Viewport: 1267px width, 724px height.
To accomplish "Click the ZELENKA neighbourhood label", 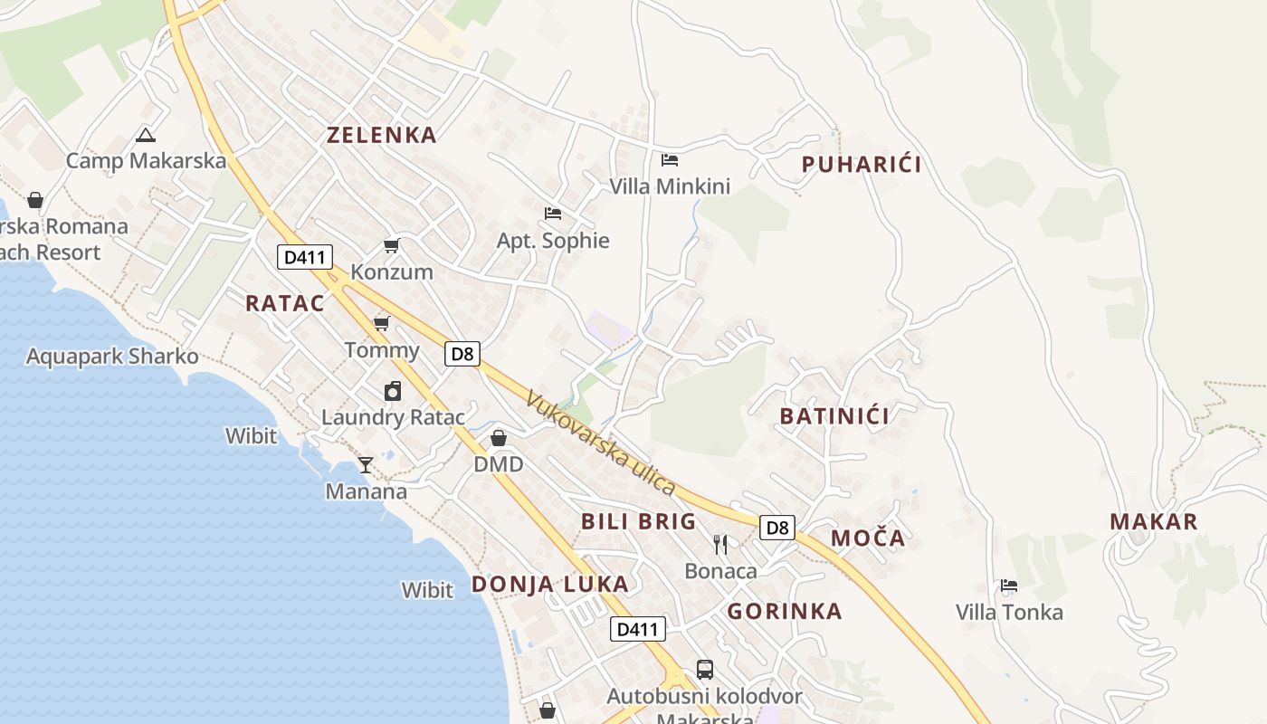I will point(381,136).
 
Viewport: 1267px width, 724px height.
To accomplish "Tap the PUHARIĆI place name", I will point(862,165).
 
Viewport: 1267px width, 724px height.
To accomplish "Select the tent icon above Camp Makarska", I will point(145,136).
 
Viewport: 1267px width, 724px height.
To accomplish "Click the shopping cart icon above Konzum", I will point(392,245).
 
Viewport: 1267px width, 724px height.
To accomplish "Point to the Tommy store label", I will point(382,351).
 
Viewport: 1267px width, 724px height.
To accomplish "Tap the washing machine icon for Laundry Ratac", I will point(393,391).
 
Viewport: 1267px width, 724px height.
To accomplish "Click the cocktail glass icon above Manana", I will point(365,465).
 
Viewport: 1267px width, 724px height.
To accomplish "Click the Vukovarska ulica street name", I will point(601,443).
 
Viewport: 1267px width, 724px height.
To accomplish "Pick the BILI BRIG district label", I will point(639,521).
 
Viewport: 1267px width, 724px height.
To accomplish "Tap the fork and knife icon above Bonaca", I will point(720,544).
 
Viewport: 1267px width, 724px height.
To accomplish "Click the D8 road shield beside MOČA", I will point(776,528).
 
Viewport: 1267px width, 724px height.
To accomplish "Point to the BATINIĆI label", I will point(834,416).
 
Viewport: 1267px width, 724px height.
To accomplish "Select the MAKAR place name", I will point(1153,522).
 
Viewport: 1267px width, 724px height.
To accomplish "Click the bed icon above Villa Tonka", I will point(1009,586).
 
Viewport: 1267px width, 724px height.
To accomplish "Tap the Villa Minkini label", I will point(670,187).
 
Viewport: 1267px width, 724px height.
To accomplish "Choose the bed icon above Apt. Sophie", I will point(553,214).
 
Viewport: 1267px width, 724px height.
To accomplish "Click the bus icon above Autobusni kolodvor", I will point(705,670).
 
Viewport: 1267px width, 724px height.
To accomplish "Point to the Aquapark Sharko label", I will point(112,357).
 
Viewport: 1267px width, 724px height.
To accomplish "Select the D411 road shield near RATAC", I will point(304,257).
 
